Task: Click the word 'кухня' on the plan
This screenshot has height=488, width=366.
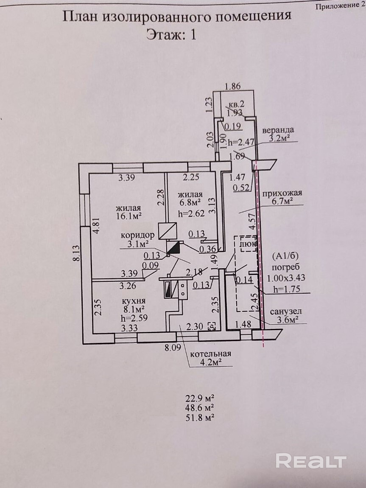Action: click(134, 301)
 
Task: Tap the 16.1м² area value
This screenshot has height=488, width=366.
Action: click(129, 216)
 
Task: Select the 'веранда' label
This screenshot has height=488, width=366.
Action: click(278, 129)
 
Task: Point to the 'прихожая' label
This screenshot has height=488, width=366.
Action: click(282, 194)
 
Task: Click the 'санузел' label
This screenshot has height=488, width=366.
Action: click(285, 311)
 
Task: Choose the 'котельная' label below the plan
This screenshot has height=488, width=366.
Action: click(210, 354)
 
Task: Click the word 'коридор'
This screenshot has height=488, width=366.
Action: click(137, 235)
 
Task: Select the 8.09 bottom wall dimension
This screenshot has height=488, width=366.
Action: click(173, 348)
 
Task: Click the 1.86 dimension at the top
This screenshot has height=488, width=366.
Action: click(232, 86)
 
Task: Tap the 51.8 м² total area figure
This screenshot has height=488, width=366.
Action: click(200, 418)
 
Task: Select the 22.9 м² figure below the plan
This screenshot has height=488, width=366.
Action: click(200, 398)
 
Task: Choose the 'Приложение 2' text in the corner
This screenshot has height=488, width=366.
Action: click(340, 6)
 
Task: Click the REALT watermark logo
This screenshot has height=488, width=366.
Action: click(311, 460)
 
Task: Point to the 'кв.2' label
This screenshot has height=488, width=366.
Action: click(235, 104)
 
